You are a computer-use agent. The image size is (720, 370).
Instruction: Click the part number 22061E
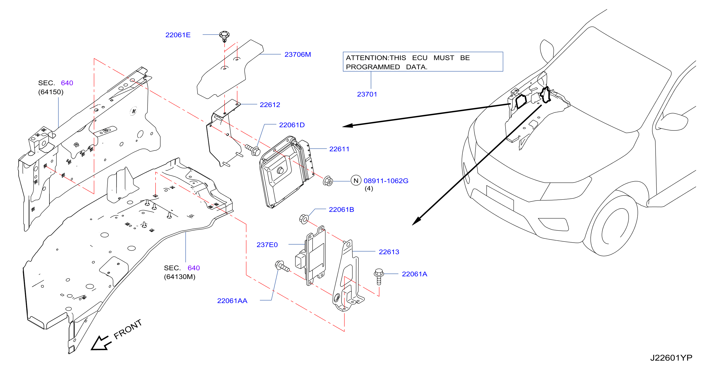click(178, 35)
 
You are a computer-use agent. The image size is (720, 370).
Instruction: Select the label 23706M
click(298, 54)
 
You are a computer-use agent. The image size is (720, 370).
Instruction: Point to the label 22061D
click(292, 125)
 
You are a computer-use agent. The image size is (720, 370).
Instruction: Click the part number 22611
click(339, 149)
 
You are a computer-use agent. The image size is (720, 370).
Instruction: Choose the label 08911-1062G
click(386, 181)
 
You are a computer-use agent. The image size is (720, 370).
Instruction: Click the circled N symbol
click(356, 181)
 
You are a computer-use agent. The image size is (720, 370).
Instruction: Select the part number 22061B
click(341, 209)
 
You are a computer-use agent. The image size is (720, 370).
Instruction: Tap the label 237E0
click(267, 245)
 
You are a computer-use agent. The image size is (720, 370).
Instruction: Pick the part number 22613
click(389, 252)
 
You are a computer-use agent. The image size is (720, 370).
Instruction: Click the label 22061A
click(414, 274)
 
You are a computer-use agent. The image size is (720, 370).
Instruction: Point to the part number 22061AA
click(232, 301)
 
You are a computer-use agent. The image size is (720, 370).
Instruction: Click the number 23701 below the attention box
click(367, 94)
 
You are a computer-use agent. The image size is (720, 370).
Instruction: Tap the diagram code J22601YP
click(671, 358)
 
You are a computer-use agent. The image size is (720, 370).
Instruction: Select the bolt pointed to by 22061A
click(379, 276)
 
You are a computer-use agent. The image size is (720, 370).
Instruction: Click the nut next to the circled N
click(328, 181)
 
